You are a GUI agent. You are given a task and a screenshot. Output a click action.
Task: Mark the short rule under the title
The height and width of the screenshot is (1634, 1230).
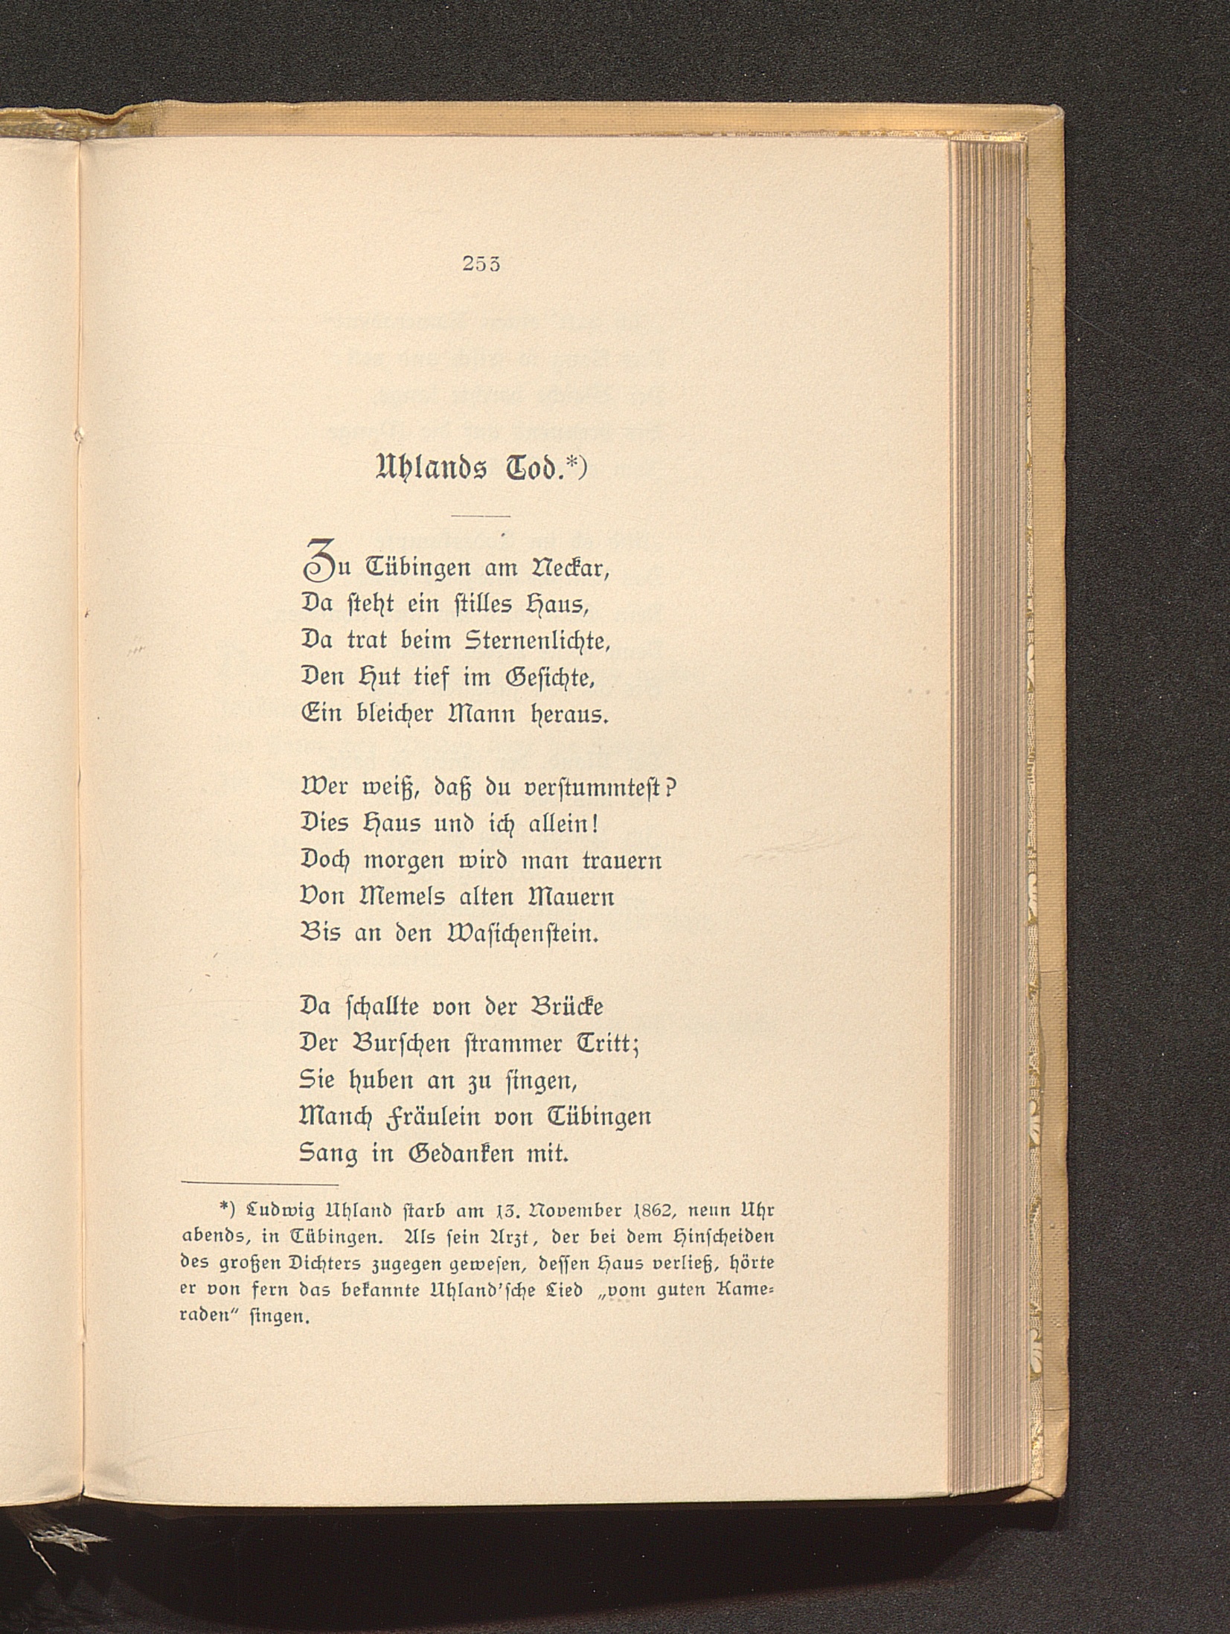480,516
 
